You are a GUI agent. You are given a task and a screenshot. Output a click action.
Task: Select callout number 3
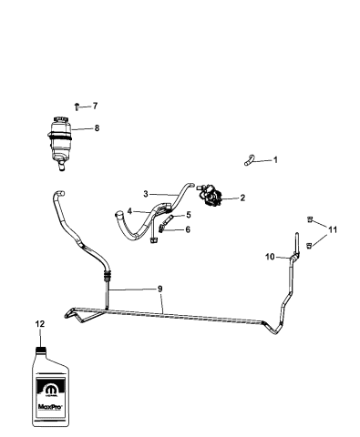click(x=145, y=193)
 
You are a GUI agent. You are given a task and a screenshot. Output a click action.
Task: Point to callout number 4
click(x=130, y=211)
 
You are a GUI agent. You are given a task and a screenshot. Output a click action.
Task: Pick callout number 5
click(x=188, y=215)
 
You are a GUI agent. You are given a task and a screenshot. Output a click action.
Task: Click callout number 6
click(x=188, y=229)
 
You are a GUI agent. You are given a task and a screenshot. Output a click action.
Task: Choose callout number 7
click(x=95, y=107)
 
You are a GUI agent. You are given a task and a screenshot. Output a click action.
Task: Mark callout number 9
click(x=160, y=289)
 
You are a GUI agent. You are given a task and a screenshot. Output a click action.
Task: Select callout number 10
click(x=270, y=258)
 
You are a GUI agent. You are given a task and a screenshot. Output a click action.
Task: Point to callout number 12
click(x=39, y=323)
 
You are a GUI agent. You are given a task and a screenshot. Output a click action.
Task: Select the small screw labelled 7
click(x=77, y=107)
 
